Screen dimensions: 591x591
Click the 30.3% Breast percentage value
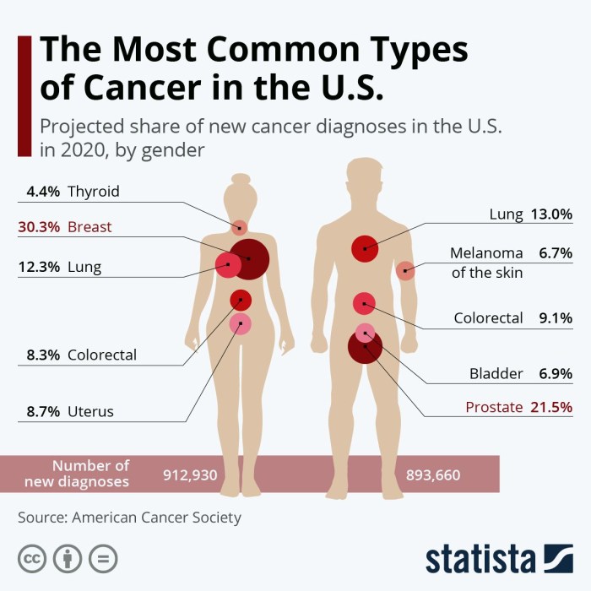point(39,227)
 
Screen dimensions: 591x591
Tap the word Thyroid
point(94,192)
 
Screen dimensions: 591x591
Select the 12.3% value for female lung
point(39,268)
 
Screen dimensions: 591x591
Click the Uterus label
point(90,412)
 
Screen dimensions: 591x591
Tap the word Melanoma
point(486,252)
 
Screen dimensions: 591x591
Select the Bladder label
point(496,373)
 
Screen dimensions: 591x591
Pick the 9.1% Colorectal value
point(555,318)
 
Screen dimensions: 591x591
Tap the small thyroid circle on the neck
point(240,227)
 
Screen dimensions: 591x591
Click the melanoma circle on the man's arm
point(405,271)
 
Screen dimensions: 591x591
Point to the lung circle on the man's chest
point(365,248)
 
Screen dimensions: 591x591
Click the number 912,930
point(190,475)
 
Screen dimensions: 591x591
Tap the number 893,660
point(433,475)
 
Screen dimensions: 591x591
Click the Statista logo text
point(480,559)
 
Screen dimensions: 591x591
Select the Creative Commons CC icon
point(31,558)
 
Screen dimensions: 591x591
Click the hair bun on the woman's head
point(239,178)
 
